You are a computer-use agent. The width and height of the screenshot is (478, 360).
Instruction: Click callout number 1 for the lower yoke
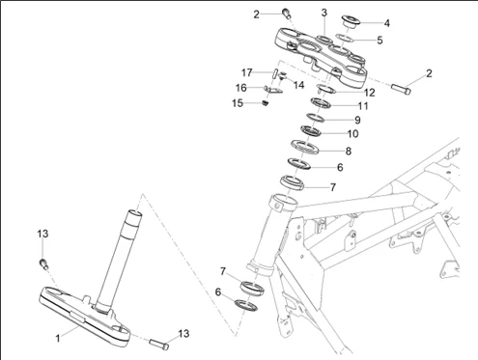(58, 338)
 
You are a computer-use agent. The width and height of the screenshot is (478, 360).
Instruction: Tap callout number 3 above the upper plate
(324, 13)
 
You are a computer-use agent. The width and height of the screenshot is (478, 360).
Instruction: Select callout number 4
(387, 23)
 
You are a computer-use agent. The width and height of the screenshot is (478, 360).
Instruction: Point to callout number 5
(380, 41)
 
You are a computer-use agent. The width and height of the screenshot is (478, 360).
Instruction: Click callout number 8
(349, 151)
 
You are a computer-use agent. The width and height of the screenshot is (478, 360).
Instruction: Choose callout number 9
(357, 120)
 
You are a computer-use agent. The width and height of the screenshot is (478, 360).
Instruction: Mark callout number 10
(352, 133)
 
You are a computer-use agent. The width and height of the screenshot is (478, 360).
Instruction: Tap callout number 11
(363, 106)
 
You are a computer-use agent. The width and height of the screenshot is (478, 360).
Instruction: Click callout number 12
(370, 93)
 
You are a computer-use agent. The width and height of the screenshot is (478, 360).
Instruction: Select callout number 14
(298, 85)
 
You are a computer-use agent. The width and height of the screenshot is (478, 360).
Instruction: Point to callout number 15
(238, 103)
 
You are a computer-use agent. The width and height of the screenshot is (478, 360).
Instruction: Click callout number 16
(241, 88)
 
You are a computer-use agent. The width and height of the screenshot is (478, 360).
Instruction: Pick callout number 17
(247, 72)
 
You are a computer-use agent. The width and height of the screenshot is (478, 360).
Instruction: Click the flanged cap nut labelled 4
(351, 20)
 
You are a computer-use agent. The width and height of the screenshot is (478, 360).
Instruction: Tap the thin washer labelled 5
(345, 38)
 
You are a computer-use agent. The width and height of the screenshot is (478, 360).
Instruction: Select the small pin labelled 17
(275, 73)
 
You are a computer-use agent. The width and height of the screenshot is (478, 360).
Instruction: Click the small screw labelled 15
(265, 103)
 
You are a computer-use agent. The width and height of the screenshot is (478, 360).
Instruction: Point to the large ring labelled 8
(304, 147)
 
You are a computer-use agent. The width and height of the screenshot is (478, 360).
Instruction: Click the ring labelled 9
(315, 118)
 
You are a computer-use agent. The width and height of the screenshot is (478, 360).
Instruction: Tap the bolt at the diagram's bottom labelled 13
(159, 344)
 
